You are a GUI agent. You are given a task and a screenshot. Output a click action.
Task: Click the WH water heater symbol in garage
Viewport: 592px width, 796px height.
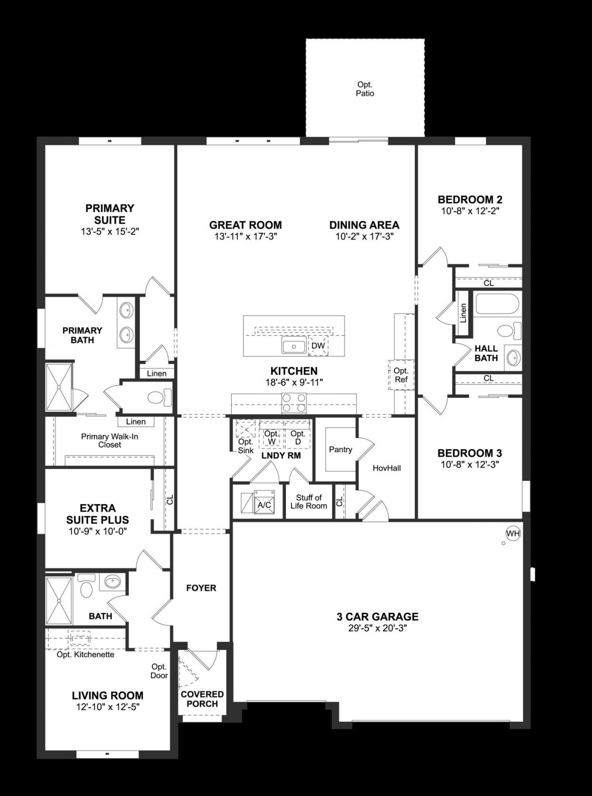coord(513,533)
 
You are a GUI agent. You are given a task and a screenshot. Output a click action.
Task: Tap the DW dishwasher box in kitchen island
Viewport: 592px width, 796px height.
coord(318,346)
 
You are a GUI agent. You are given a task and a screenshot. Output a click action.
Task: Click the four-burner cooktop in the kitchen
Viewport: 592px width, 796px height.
coord(294,402)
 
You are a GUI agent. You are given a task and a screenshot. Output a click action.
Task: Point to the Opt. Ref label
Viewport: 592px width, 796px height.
coord(401,375)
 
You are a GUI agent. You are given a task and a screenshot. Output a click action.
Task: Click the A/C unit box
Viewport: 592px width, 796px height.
coord(264,505)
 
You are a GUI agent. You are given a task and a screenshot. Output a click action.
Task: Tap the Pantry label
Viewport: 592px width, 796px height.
coord(340,450)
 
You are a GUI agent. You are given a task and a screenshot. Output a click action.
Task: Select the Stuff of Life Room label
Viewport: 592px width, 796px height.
coord(308,501)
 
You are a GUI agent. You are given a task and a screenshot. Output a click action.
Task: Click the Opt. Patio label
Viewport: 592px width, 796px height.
coord(365,89)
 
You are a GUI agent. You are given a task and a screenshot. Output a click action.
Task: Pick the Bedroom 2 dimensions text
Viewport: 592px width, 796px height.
coord(470,211)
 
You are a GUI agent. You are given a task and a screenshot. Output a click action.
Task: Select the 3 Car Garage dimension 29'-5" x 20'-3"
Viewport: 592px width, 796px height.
coord(377,628)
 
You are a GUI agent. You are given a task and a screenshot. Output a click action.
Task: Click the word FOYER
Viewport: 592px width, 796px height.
coord(201,588)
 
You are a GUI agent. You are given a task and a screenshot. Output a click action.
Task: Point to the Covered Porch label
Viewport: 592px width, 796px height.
coord(202,699)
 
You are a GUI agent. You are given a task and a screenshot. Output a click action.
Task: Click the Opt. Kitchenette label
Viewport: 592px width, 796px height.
coord(85,654)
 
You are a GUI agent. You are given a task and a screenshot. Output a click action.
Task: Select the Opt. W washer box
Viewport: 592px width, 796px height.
coord(271,437)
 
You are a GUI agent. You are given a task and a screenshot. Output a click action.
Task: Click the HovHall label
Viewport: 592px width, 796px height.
coord(387,468)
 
